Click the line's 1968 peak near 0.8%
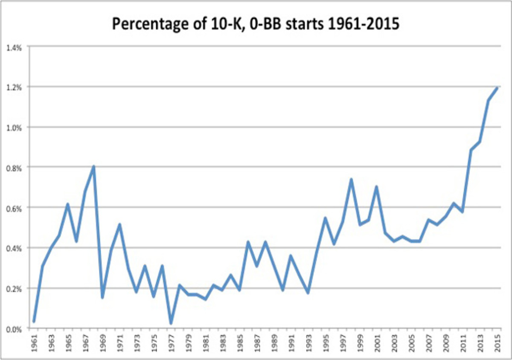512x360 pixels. (93, 166)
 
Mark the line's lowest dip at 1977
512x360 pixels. (171, 323)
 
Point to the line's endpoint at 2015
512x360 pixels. (497, 87)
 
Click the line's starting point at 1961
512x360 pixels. (34, 321)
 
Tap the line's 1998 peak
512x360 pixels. (351, 179)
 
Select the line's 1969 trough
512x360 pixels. (102, 297)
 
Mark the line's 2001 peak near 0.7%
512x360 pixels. (377, 186)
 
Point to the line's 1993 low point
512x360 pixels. (308, 293)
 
